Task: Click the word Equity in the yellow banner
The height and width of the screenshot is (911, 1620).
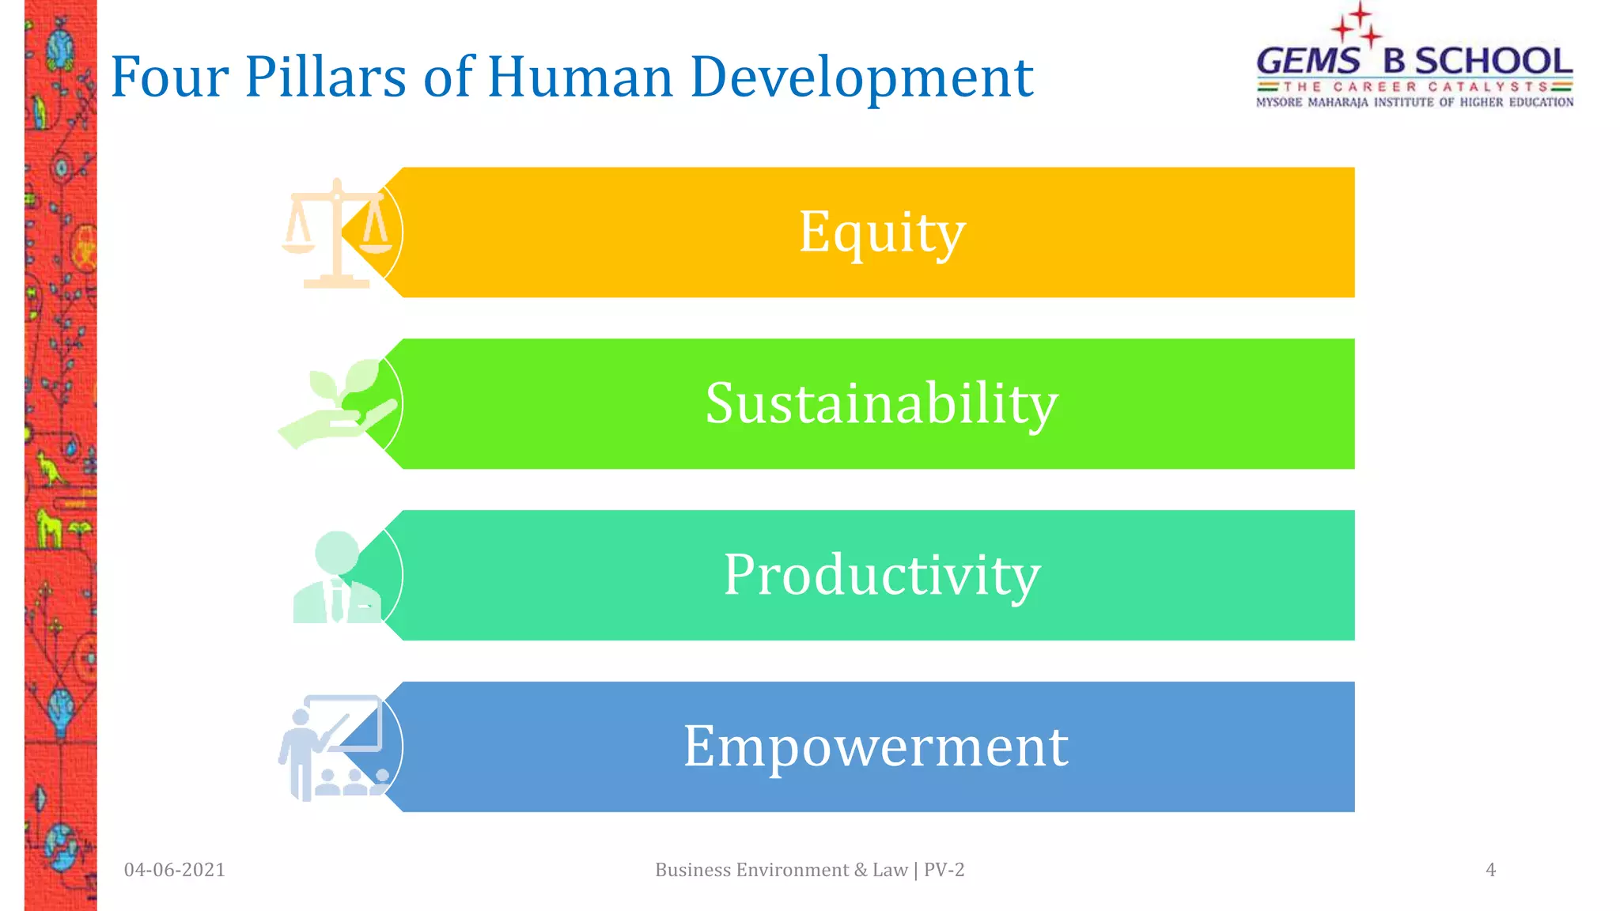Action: [x=881, y=232]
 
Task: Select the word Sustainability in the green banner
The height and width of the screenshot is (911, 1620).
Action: [x=881, y=403]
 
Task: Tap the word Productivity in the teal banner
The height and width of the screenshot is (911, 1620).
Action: [x=881, y=575]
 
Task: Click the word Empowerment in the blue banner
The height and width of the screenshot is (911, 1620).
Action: [x=876, y=747]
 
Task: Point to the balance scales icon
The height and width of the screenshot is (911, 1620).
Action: [x=335, y=233]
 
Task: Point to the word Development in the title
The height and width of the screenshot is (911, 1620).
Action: [x=861, y=77]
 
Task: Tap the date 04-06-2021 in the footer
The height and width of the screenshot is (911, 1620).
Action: [x=175, y=870]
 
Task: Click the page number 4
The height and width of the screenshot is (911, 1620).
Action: [x=1490, y=870]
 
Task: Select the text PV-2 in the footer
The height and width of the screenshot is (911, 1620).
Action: [x=944, y=870]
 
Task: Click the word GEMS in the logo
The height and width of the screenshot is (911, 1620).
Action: [x=1308, y=62]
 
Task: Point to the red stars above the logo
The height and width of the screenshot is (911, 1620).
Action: [x=1357, y=24]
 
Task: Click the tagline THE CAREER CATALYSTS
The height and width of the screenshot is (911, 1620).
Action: [x=1415, y=86]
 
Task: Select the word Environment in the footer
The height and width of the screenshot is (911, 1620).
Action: [x=793, y=870]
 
